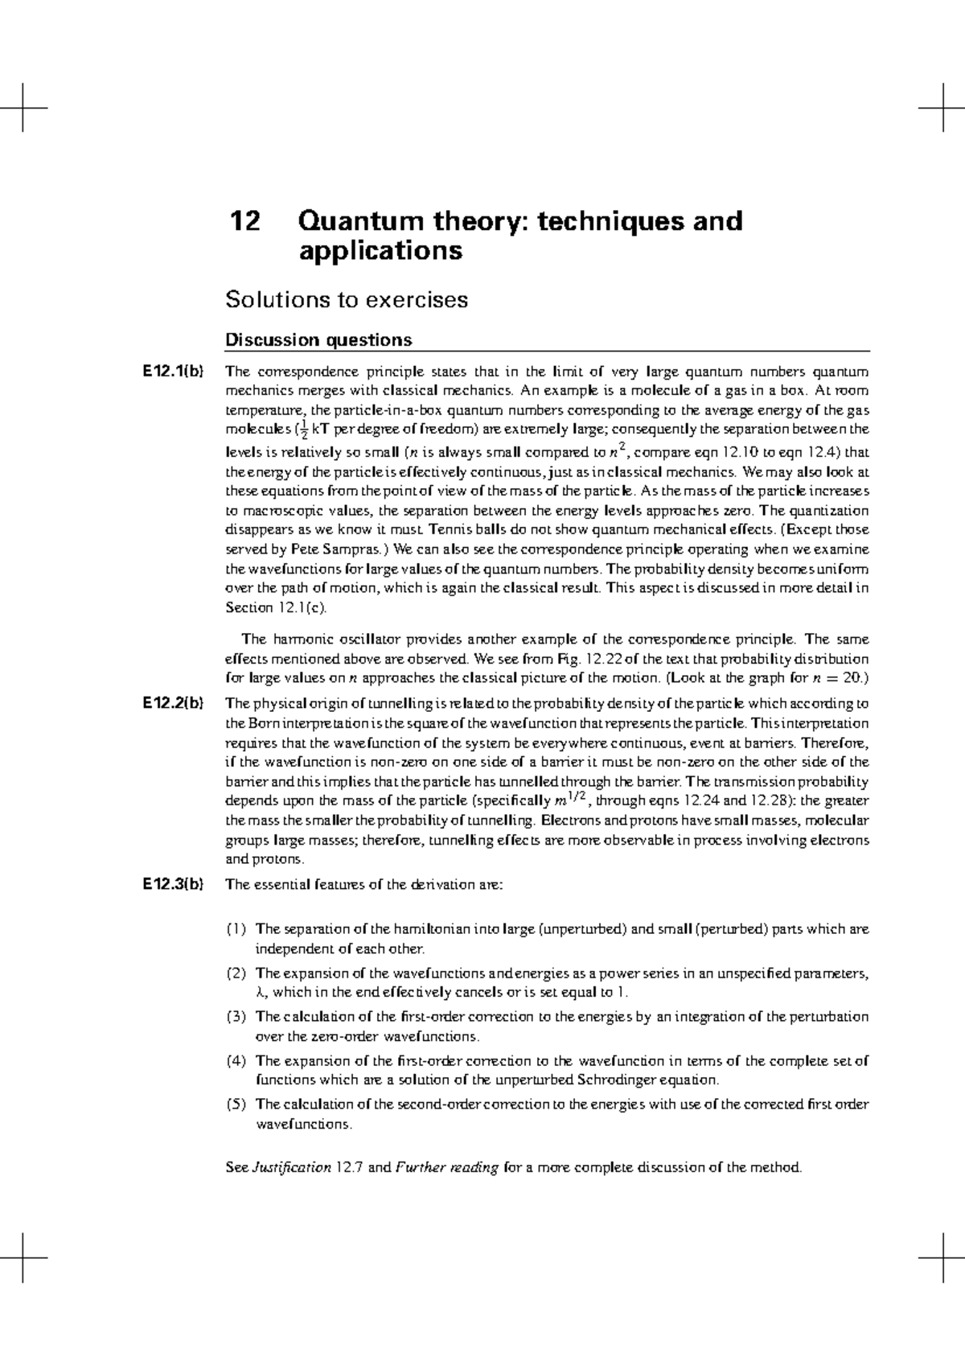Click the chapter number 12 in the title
pos(246,221)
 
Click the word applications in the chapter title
pos(380,252)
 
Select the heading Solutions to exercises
pos(347,300)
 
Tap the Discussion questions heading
pos(318,339)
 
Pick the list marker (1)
pos(236,929)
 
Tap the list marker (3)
pos(236,1017)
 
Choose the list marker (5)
pos(236,1105)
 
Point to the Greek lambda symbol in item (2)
pos(259,993)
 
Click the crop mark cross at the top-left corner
pos(23,107)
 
